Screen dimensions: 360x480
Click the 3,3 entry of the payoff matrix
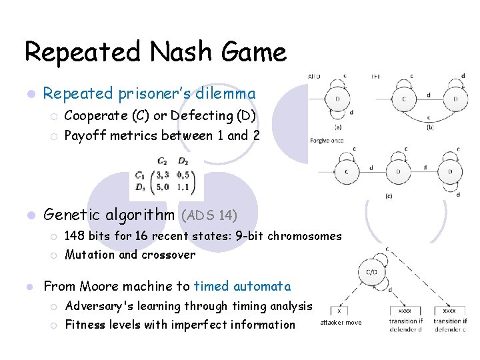(162, 175)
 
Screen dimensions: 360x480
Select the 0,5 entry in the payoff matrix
(183, 175)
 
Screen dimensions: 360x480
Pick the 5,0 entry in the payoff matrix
(162, 187)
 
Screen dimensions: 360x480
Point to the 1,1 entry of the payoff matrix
(183, 187)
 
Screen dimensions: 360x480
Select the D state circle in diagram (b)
(455, 99)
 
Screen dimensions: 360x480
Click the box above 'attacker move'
(340, 310)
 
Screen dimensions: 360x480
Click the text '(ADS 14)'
(208, 215)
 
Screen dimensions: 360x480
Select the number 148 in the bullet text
(75, 236)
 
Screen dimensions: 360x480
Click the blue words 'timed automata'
(242, 287)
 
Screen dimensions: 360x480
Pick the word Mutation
(88, 255)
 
